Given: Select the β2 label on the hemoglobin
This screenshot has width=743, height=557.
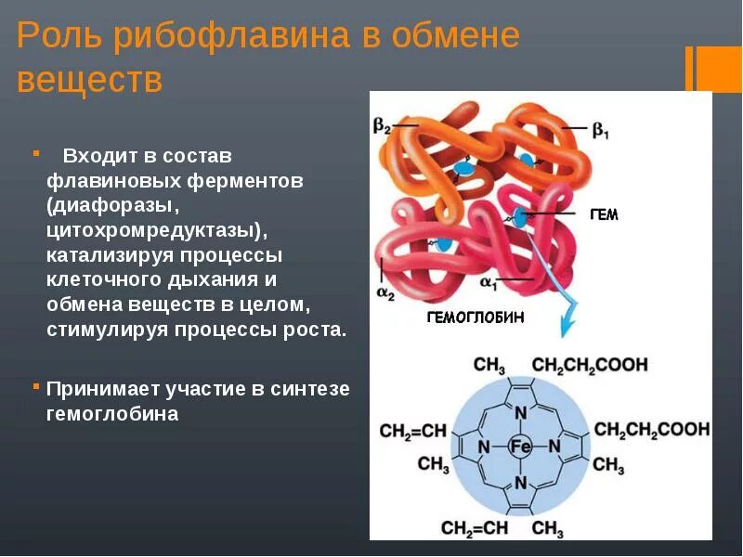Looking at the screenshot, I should click(x=383, y=125).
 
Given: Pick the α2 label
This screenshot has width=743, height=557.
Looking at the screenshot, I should click(x=385, y=292).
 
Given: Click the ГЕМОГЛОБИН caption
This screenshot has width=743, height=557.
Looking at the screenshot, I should click(x=475, y=317).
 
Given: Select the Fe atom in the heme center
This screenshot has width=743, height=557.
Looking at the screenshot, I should click(x=520, y=447).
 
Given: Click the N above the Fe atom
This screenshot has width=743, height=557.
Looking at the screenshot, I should click(x=520, y=412).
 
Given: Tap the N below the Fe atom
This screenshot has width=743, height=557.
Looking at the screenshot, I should click(x=520, y=483).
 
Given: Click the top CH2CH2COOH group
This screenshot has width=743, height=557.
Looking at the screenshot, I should click(x=590, y=365).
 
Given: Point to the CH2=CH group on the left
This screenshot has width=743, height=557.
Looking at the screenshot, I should click(x=413, y=431).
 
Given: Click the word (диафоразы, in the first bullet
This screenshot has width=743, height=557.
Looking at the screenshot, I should click(x=103, y=203).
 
